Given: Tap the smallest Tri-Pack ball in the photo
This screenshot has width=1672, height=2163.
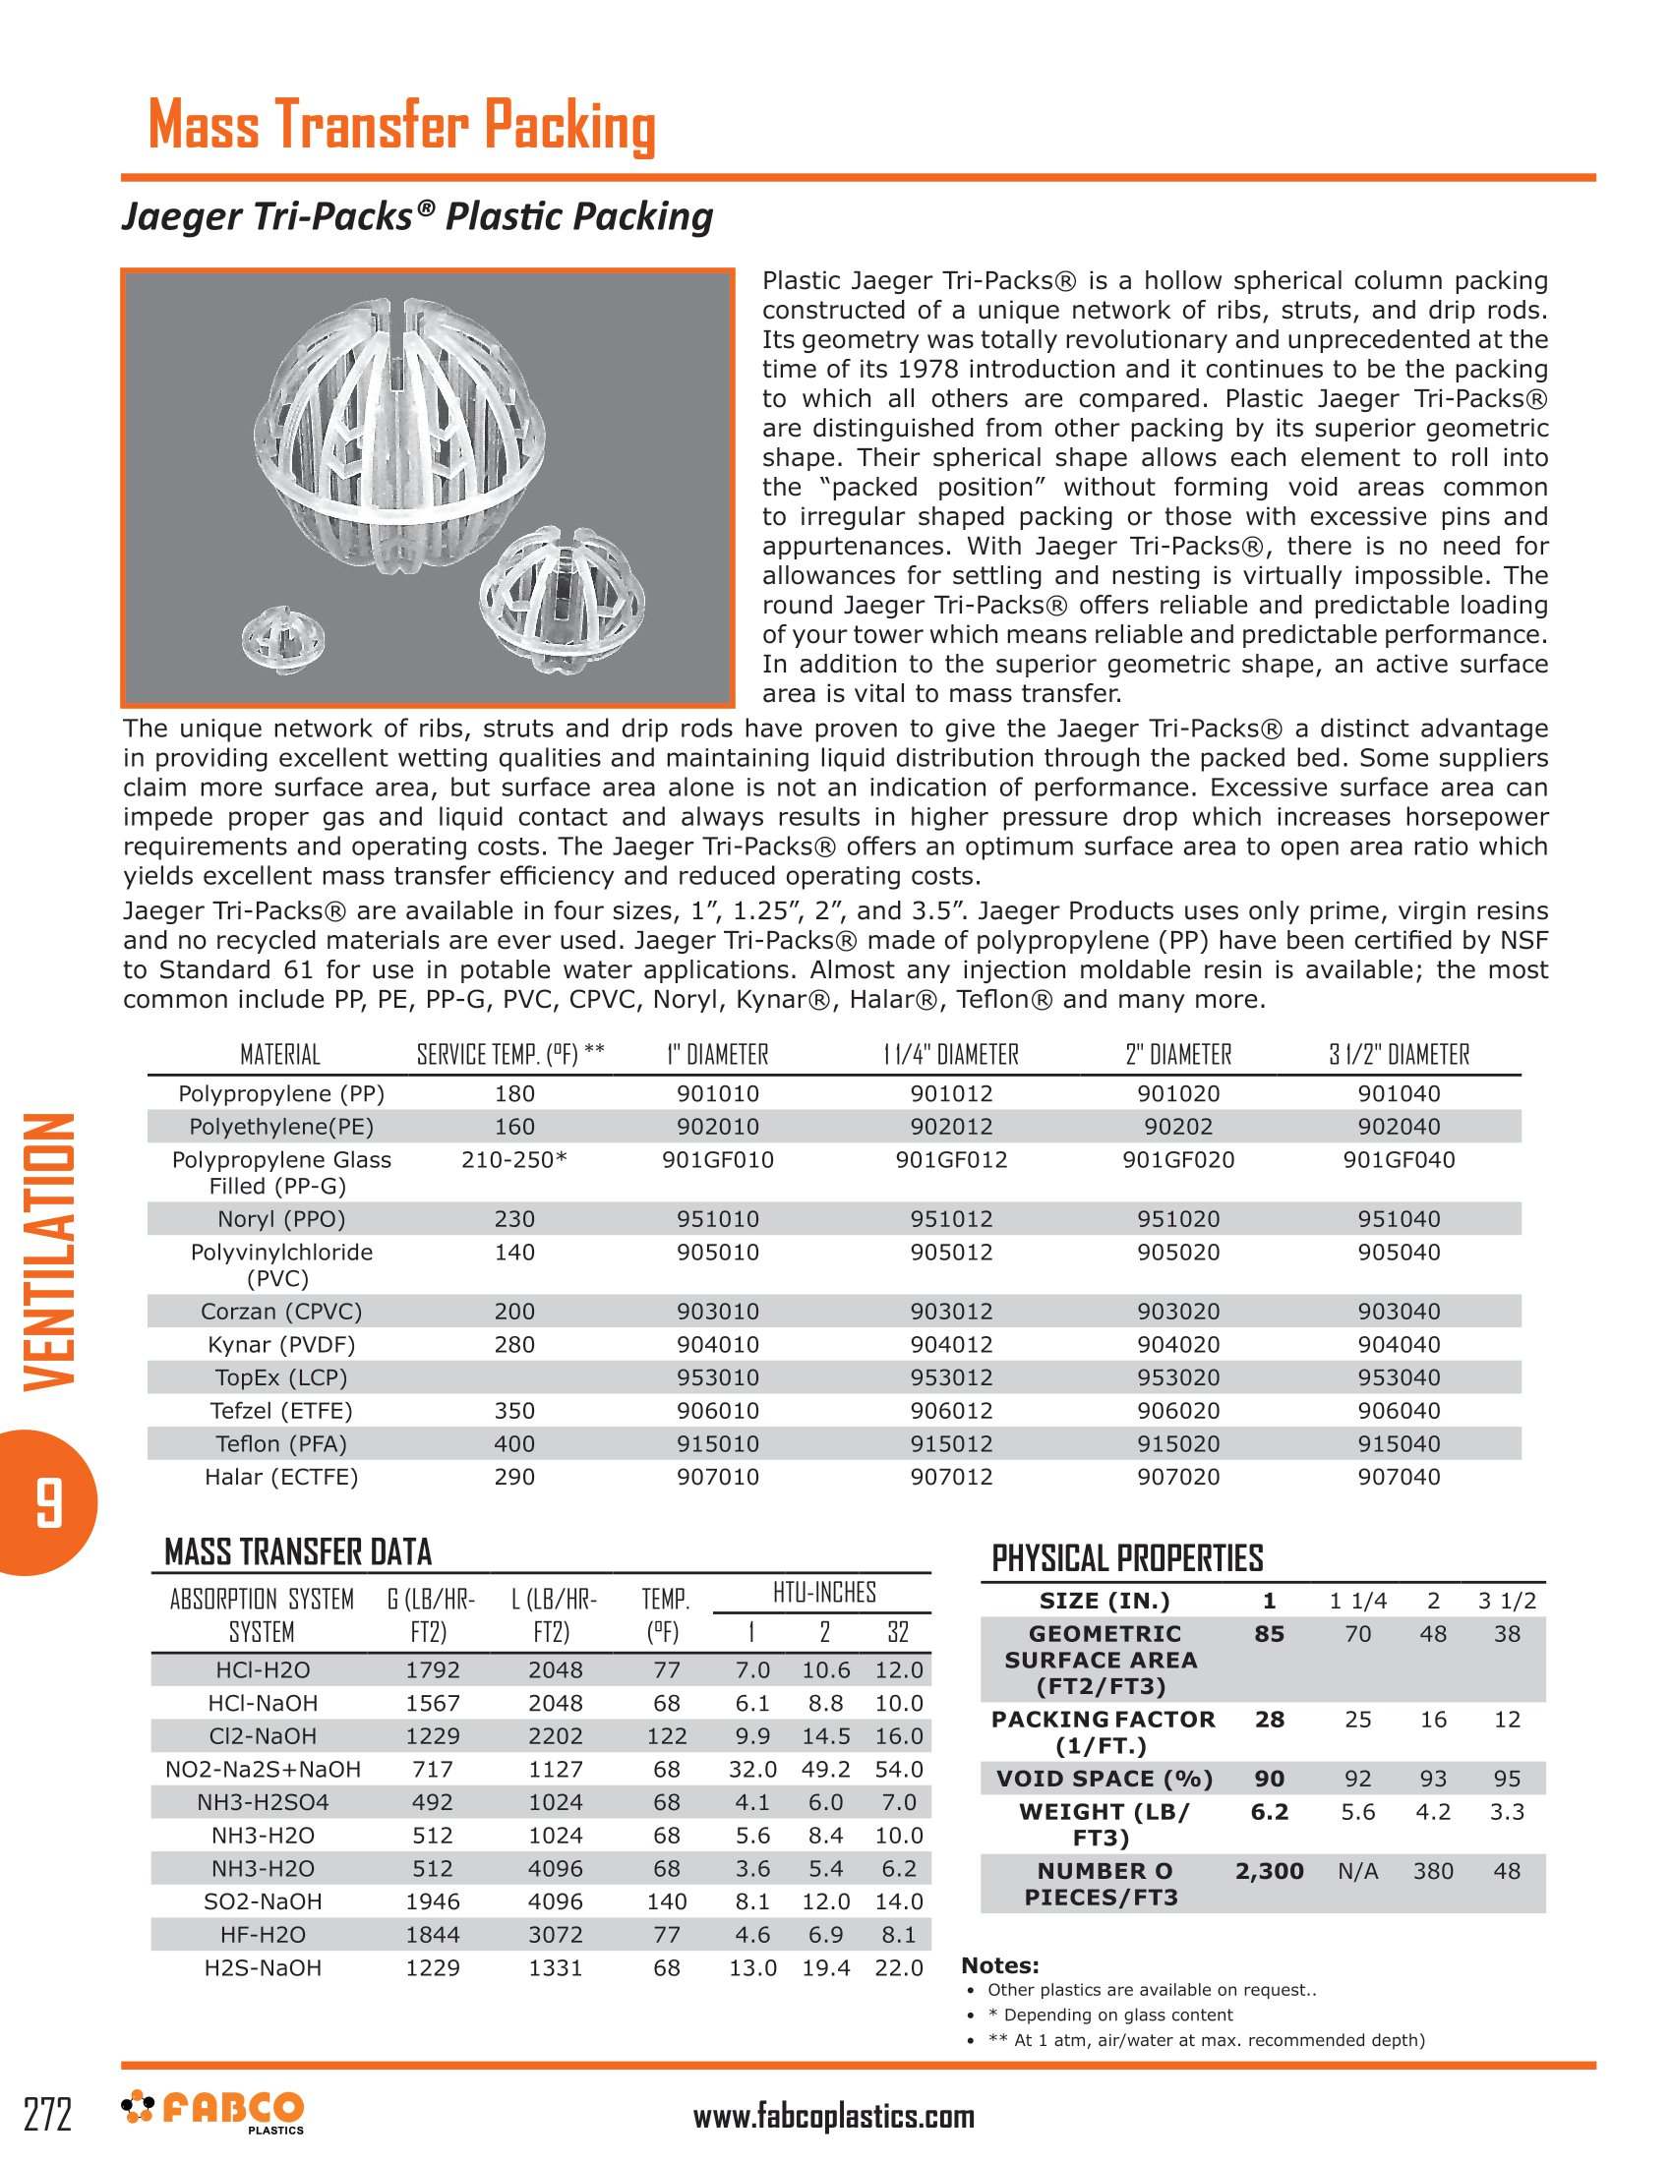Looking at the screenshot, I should coord(283,635).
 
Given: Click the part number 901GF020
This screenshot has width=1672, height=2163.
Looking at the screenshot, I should coord(1177,1160).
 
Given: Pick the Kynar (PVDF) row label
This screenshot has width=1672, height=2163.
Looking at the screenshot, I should coord(281,1344).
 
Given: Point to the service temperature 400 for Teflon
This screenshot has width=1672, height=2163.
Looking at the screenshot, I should coord(514,1443).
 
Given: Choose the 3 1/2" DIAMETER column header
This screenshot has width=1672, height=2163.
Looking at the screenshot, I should coord(1399,1055).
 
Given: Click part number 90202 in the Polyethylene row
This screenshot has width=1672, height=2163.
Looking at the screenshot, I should coord(1177,1126).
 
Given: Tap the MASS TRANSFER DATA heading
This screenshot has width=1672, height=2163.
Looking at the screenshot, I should coord(298,1551).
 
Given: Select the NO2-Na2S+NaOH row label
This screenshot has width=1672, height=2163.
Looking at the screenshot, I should coord(263,1769).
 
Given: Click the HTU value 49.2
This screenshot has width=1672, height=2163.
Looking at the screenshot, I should coord(825,1769).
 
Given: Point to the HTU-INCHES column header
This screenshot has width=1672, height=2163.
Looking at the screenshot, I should coord(824,1593).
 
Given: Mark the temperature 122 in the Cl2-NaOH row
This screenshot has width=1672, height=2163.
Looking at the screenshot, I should coord(667,1736).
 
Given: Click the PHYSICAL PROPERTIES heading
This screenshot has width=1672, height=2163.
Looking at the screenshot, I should coord(1127,1559).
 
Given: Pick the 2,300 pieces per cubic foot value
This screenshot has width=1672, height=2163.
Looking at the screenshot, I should coord(1269,1871).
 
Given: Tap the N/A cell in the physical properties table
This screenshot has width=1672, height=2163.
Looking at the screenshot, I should coord(1357,1871).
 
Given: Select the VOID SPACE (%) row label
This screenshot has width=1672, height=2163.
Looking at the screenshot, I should coord(1105,1779).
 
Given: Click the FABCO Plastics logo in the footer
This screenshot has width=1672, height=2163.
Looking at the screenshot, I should coord(213,2111).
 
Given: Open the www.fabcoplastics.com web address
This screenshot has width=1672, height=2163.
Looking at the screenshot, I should coord(833,2117).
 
